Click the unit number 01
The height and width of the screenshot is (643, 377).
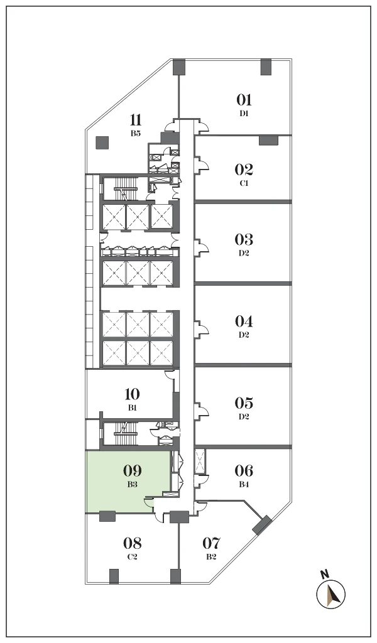(244, 100)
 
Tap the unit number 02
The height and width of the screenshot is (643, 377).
(244, 170)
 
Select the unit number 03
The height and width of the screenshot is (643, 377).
(244, 239)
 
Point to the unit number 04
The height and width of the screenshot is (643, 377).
(244, 321)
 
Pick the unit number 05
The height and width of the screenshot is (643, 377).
(244, 403)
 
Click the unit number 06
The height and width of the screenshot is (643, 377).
(244, 470)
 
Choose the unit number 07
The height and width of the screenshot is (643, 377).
(212, 543)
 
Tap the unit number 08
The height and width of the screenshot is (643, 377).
(132, 543)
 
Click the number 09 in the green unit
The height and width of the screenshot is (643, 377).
(132, 470)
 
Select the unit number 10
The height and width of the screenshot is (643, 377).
(132, 394)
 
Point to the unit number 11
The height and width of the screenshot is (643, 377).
(136, 120)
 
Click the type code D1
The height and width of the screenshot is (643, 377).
(244, 114)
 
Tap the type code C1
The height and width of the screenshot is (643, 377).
(244, 183)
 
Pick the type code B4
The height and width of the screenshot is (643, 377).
(244, 484)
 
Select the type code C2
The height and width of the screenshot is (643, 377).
(132, 557)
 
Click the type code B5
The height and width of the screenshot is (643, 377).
(136, 133)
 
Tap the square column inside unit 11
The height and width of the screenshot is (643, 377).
(102, 143)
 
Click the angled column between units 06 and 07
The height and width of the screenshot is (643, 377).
(262, 526)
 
